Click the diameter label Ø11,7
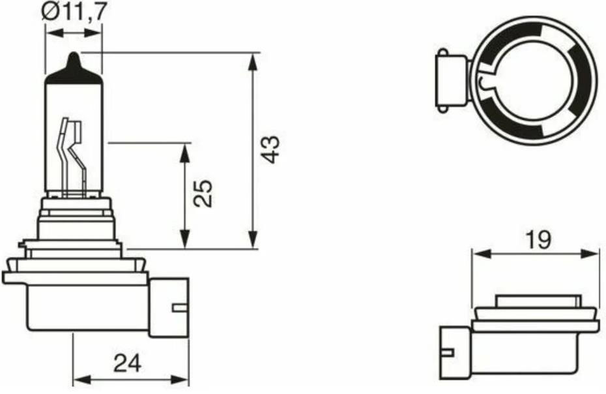[74, 12]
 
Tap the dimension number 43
[269, 149]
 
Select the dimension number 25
[203, 193]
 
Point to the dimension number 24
[128, 363]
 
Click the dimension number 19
[538, 240]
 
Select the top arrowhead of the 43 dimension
[253, 62]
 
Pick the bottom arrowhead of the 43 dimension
[253, 239]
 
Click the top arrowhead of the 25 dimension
[186, 153]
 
